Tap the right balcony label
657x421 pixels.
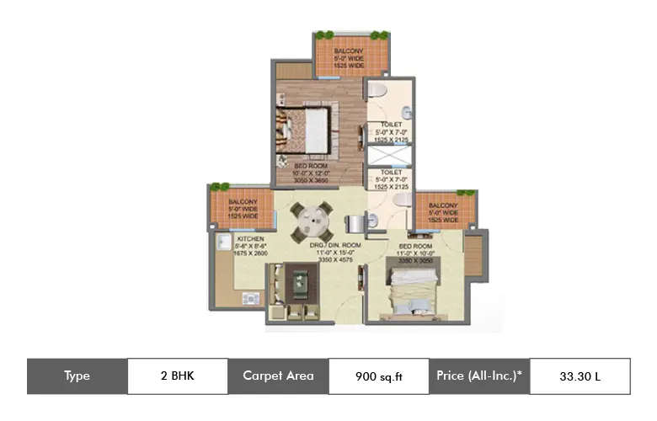tap(443, 211)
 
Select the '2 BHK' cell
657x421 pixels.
tap(177, 376)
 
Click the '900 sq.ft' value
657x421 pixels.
tap(378, 376)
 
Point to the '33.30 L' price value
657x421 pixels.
tap(580, 376)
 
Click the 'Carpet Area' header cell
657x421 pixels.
tap(278, 376)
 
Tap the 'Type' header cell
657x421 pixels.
tap(77, 376)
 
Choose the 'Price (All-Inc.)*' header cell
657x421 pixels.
tap(479, 376)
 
